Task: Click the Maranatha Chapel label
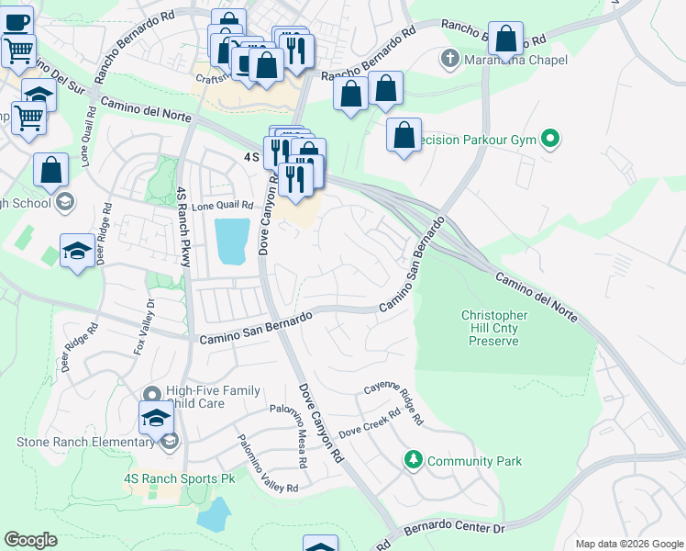516,61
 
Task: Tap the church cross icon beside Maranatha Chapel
449,61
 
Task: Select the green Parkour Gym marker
550,141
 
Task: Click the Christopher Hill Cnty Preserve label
494,328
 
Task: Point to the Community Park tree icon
415,460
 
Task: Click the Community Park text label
474,461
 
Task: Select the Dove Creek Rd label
371,423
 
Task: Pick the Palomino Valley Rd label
268,465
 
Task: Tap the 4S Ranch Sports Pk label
172,478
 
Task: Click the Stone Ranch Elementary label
85,442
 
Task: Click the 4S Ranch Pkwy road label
183,226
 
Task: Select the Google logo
30,540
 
